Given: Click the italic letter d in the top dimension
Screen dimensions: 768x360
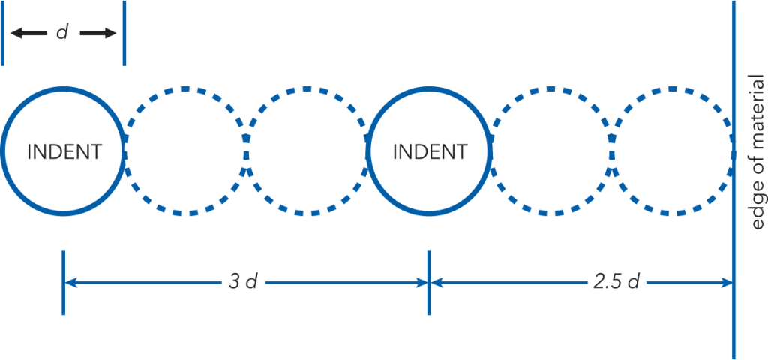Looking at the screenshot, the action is click(x=62, y=33).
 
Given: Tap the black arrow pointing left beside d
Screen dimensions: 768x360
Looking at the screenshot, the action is click(x=28, y=33).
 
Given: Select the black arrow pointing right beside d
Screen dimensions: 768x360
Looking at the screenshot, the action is click(x=98, y=33).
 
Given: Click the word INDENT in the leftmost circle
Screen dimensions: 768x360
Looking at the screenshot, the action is click(x=64, y=152).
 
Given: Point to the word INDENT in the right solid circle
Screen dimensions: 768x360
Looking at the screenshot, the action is click(x=430, y=152).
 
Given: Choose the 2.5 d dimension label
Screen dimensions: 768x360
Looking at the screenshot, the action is click(x=615, y=283).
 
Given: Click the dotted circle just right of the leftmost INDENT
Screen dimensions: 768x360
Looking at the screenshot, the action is click(x=184, y=89).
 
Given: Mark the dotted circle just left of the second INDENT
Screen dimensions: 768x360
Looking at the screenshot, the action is click(x=307, y=89).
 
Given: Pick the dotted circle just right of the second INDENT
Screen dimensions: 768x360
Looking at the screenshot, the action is click(x=550, y=89).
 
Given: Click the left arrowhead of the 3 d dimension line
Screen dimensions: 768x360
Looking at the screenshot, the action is click(x=69, y=283).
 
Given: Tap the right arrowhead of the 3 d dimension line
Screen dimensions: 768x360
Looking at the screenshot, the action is click(x=423, y=283).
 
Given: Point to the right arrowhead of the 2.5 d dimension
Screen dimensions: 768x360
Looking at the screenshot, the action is click(x=727, y=283).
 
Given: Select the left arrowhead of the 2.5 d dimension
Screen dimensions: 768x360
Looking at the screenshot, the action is click(x=436, y=283).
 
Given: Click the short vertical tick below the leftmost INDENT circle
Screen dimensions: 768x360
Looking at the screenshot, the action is click(x=63, y=283).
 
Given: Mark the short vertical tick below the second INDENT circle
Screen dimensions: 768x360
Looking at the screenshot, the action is click(x=430, y=283).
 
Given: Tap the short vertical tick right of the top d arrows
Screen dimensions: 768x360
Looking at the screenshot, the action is click(x=124, y=33).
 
